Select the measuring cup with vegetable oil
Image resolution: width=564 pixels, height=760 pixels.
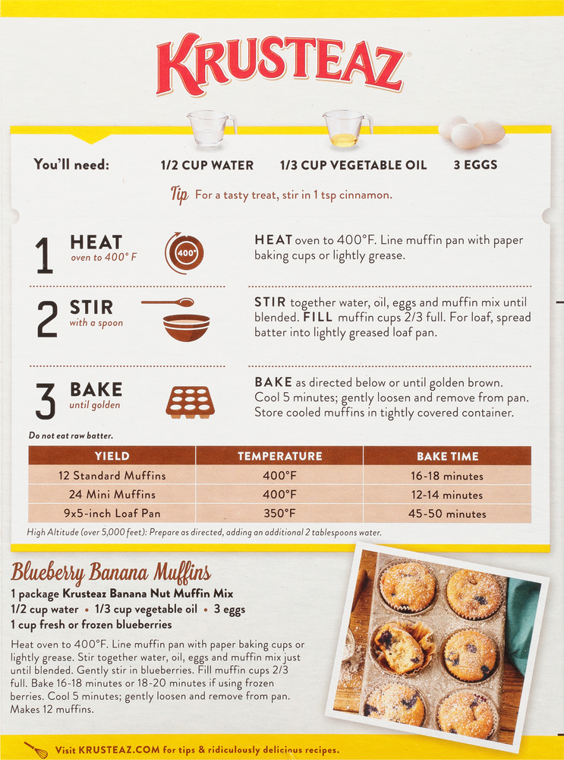pyautogui.click(x=345, y=128)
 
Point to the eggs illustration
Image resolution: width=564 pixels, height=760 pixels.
pyautogui.click(x=471, y=131)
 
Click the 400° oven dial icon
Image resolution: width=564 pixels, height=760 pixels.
pyautogui.click(x=185, y=253)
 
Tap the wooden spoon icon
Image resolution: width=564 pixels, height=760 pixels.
pyautogui.click(x=168, y=302)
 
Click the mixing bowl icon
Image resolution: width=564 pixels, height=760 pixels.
pyautogui.click(x=186, y=328)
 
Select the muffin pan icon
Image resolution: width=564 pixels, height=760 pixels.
pyautogui.click(x=189, y=401)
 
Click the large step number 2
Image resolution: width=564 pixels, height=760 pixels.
pyautogui.click(x=47, y=321)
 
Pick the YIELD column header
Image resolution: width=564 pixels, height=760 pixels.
pyautogui.click(x=112, y=456)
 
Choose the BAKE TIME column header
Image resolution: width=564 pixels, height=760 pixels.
pyautogui.click(x=447, y=456)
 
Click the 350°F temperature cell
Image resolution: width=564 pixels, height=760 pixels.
pyautogui.click(x=279, y=513)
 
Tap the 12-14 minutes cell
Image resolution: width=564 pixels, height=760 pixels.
pyautogui.click(x=447, y=495)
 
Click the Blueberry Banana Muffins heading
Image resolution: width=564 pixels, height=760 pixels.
pyautogui.click(x=111, y=572)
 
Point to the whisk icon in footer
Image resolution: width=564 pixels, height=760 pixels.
pyautogui.click(x=36, y=749)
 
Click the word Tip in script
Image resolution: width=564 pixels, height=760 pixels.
pyautogui.click(x=179, y=195)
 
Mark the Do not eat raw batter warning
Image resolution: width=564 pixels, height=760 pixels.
pyautogui.click(x=71, y=435)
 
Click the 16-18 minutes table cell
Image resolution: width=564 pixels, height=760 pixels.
pyautogui.click(x=447, y=476)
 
